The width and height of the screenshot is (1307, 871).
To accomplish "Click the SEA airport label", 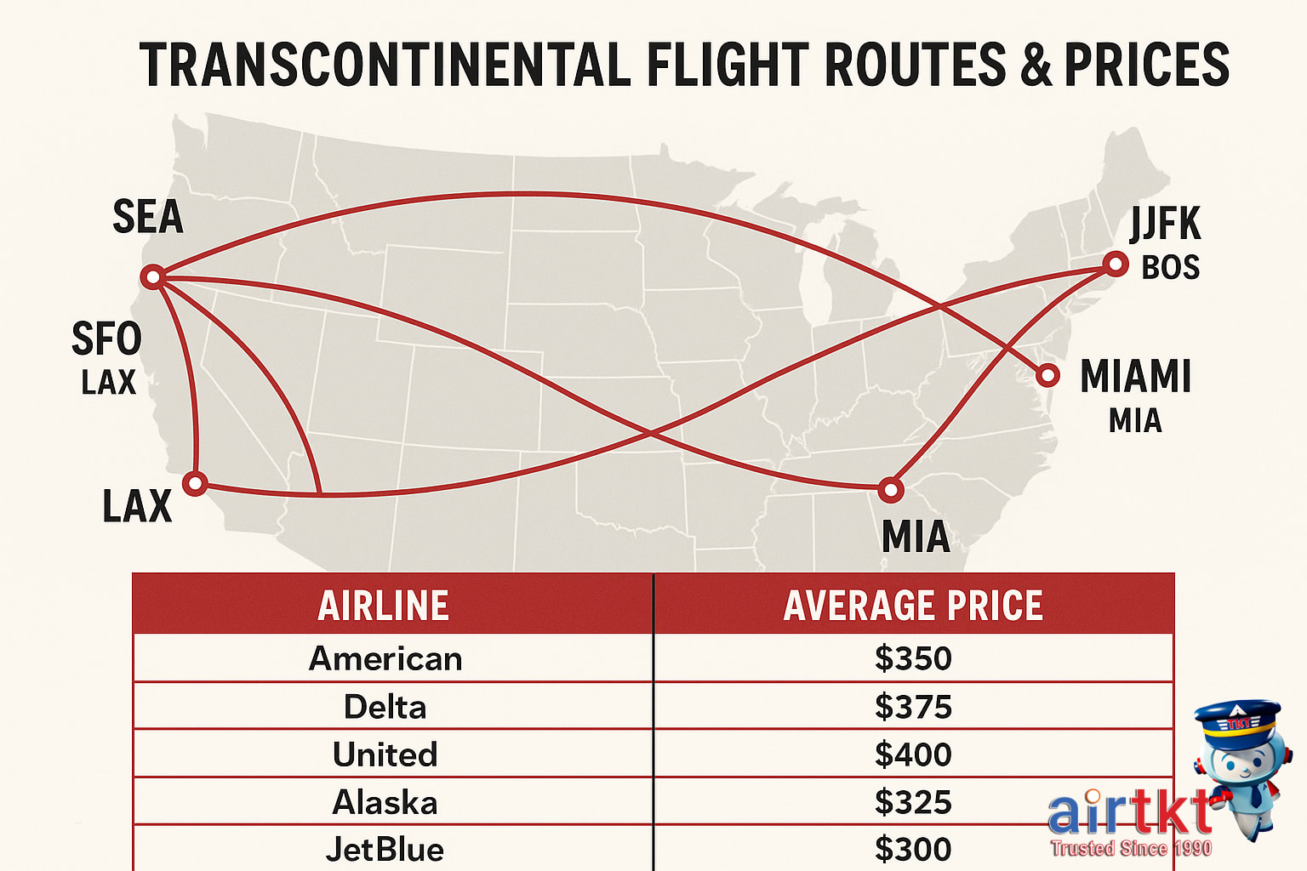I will point(148,217).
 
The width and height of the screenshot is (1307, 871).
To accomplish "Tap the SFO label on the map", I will point(106,339).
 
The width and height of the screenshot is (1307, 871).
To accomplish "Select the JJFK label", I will point(1165,225).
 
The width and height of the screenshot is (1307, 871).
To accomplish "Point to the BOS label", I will point(1170,268).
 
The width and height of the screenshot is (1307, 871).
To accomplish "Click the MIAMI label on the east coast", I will point(1135,376).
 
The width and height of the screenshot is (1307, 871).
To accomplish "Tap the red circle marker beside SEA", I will point(153,276).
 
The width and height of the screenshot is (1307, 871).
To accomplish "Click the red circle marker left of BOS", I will point(1115,264).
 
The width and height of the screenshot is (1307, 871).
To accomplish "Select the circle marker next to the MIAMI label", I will point(1047,374).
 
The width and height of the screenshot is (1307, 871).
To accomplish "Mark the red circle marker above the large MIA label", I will point(890,490).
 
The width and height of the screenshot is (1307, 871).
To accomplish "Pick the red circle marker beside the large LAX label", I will point(196,484).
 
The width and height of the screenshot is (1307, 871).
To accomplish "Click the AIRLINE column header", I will point(384,606).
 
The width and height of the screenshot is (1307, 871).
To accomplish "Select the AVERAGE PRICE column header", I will point(913,606).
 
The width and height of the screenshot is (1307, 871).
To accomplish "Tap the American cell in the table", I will point(385,659).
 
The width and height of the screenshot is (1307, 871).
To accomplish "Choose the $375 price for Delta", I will point(913,707).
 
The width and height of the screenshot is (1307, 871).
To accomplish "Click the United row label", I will point(385,754).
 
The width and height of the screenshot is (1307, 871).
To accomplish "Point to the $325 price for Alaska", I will point(913,802).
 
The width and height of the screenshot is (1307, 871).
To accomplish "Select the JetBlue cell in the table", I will point(385,849).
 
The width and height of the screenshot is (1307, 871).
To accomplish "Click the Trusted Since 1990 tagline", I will point(1131,848).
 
